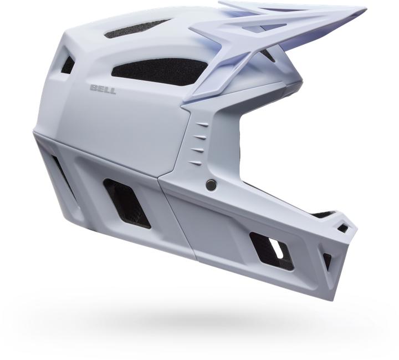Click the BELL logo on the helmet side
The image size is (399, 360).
tap(103, 90)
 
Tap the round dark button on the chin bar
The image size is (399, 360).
tap(211, 185)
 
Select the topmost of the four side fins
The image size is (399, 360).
tap(203, 124)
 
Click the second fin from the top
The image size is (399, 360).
tap(200, 137)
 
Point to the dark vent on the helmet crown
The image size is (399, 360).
tap(137, 29)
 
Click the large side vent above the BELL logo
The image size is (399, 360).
tap(159, 72)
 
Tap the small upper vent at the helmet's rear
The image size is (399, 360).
tap(68, 65)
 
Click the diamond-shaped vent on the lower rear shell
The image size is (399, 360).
tap(127, 203)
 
